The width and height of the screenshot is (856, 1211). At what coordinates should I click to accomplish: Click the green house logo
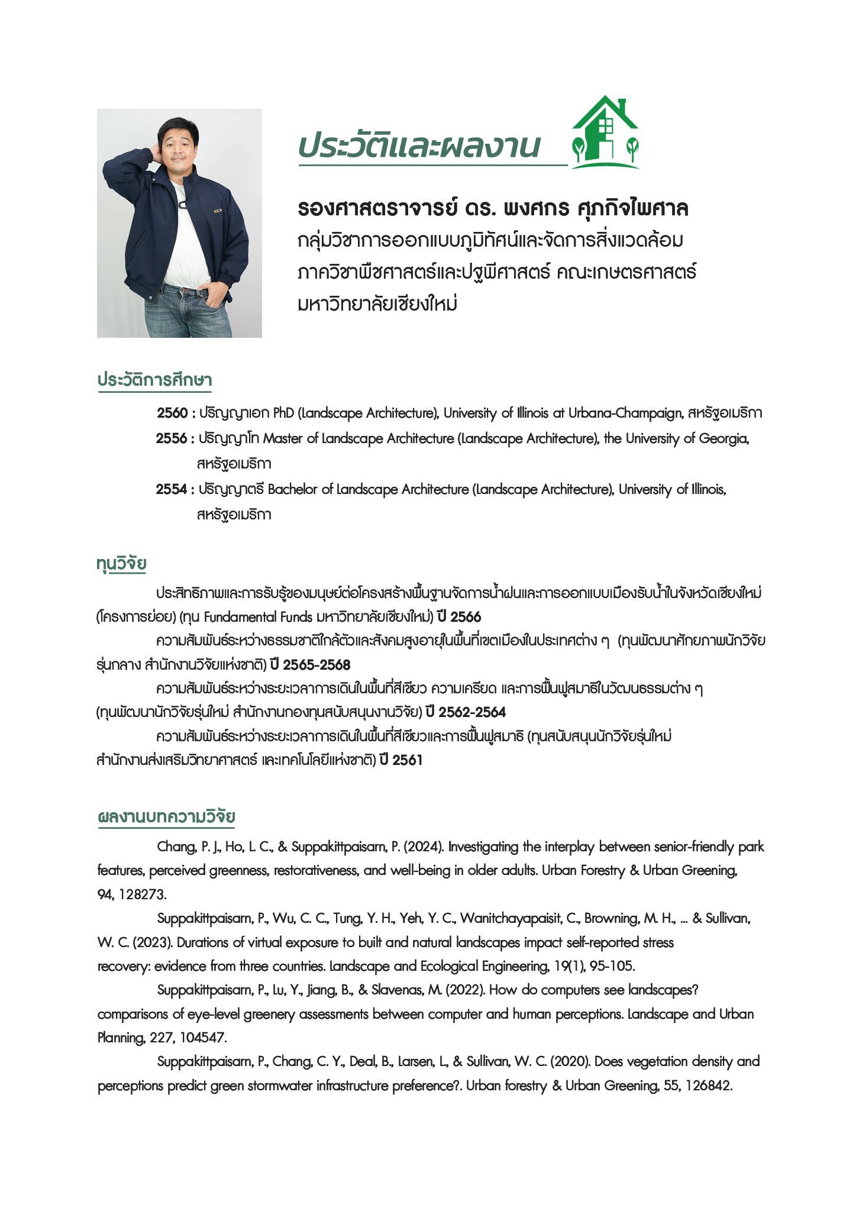(x=605, y=133)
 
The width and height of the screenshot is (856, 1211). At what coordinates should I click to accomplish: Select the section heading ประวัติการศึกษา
(x=154, y=380)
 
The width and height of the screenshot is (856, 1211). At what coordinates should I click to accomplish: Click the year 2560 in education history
(x=172, y=412)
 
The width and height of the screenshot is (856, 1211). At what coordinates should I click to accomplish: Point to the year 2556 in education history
(x=172, y=438)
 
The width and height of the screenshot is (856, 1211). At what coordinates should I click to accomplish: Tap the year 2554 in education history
(x=172, y=489)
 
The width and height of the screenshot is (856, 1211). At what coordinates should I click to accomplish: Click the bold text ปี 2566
(x=459, y=617)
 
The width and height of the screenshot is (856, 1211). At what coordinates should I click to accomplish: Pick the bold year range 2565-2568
(x=316, y=665)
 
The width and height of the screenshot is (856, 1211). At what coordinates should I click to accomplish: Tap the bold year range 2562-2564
(x=471, y=712)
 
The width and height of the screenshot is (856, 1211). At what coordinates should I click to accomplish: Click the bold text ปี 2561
(x=401, y=760)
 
